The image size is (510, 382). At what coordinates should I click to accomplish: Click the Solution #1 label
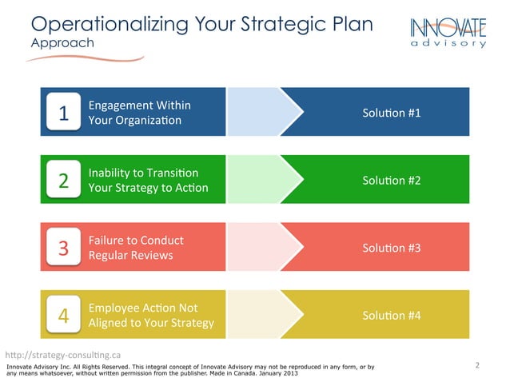tap(391, 113)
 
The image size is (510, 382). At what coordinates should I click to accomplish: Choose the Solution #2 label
tap(391, 181)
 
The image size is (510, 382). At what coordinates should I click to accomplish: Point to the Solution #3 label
tap(391, 248)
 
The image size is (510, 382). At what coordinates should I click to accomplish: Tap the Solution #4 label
tap(391, 316)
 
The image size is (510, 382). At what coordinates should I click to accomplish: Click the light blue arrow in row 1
tap(260, 113)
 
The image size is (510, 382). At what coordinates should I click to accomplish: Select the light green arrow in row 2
tap(260, 181)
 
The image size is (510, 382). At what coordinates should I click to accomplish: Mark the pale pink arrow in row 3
tap(260, 248)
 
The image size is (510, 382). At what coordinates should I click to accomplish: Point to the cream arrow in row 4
tap(260, 316)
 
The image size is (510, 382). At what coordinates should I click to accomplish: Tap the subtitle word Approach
tap(62, 42)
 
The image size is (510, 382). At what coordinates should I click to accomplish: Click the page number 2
tap(477, 366)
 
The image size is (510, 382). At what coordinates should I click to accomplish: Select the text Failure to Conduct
tap(136, 241)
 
